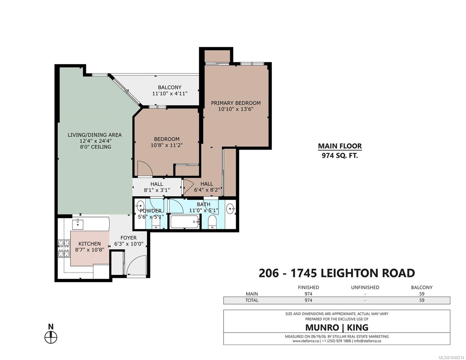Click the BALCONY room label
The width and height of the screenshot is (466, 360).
[x=169, y=87]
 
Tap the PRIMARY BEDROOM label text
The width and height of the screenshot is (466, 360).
[x=236, y=103]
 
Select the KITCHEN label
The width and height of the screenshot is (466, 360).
[x=89, y=244]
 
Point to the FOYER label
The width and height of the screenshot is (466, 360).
[x=129, y=238]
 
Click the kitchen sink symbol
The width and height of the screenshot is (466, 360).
[x=77, y=224]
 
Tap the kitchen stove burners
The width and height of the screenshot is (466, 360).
[x=64, y=248]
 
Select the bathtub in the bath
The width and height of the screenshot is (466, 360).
[x=184, y=222]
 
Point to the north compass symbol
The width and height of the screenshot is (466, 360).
[x=51, y=337]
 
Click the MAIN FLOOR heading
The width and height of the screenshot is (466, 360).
[x=340, y=146]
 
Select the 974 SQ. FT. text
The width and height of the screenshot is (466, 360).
[x=340, y=155]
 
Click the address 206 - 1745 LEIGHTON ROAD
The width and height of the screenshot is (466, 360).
[x=337, y=273]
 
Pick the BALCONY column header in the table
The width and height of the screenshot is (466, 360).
[x=422, y=287]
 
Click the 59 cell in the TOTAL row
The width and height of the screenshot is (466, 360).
[x=422, y=300]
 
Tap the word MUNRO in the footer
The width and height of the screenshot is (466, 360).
[x=322, y=327]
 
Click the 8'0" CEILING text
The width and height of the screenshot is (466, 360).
[x=95, y=147]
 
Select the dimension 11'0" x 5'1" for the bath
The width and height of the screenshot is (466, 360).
[x=203, y=211]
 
